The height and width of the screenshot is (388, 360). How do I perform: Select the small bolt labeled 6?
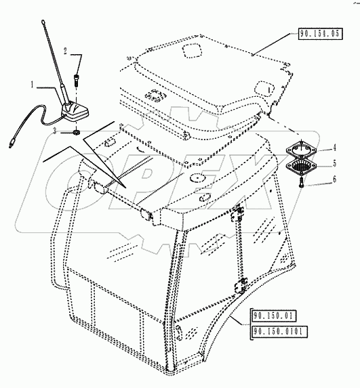pos(300,179)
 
